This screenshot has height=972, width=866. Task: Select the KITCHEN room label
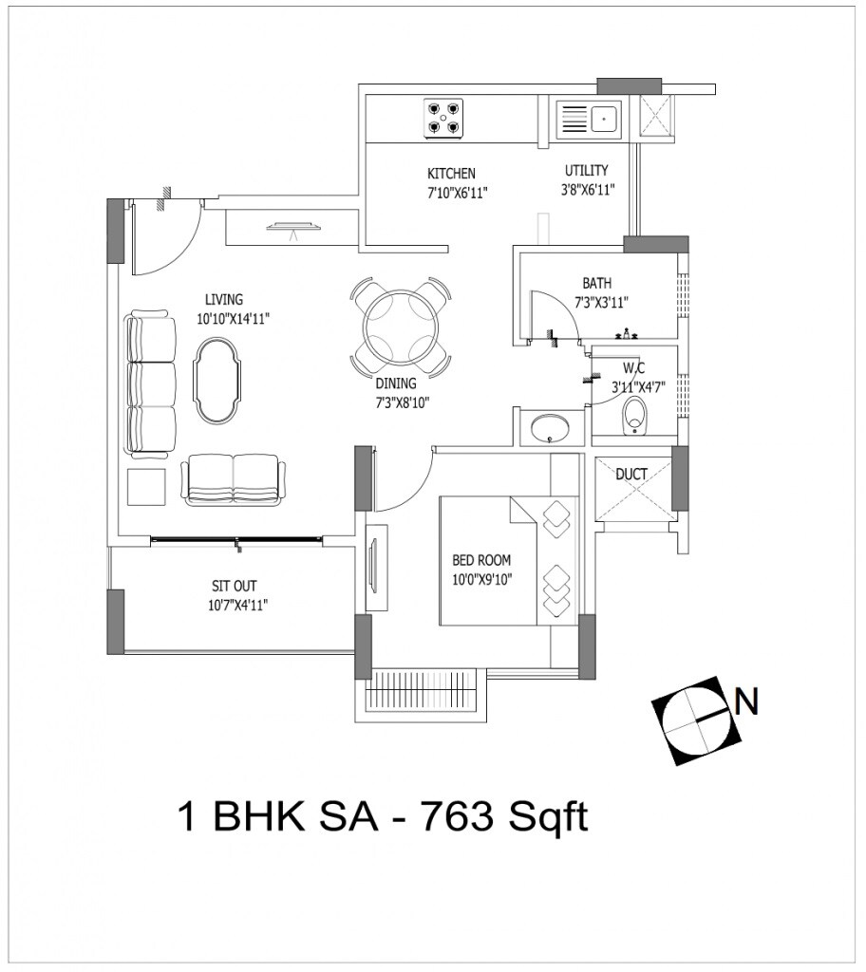[451, 174]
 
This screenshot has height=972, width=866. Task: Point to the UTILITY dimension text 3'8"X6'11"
[587, 189]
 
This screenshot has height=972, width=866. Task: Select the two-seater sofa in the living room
[234, 478]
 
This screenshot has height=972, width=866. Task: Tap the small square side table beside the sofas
[146, 487]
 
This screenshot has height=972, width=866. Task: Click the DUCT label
[631, 474]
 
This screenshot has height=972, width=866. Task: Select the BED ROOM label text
[481, 561]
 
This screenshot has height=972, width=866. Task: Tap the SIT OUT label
[234, 586]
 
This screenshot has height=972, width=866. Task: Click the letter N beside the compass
[747, 702]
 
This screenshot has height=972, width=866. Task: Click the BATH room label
[597, 283]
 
